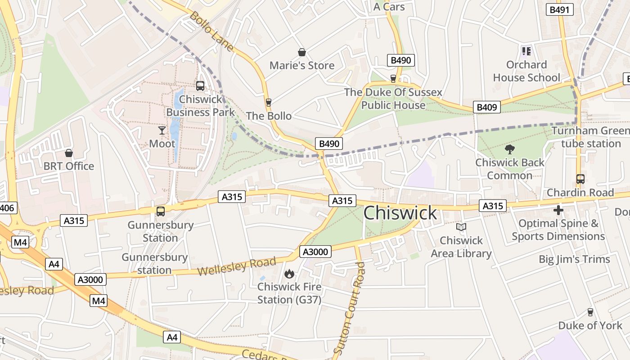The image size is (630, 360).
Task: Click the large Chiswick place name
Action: pos(400,213)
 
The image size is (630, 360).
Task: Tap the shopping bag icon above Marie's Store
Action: pos(302,53)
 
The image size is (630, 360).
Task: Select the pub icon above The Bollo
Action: pos(269,103)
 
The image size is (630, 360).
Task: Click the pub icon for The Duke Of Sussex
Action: pos(393,79)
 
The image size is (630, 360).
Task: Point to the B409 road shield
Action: pos(486,107)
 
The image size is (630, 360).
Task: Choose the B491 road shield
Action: pos(560,9)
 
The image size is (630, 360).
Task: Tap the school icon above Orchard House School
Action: pos(526,51)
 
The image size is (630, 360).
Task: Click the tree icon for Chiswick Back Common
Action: pos(509,149)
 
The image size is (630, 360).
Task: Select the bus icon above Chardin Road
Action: pos(580,179)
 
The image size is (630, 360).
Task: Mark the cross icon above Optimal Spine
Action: pos(558,210)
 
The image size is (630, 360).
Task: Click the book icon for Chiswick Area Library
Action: pos(461,227)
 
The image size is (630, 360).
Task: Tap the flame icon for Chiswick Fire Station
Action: pos(289,274)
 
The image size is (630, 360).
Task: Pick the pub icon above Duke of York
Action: pos(590,312)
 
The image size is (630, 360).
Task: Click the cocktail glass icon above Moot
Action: pos(162,130)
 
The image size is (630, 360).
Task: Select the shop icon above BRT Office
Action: pos(69,153)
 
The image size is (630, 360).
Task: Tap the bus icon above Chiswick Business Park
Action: pos(200,85)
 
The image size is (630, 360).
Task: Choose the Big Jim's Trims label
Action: pos(574,259)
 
